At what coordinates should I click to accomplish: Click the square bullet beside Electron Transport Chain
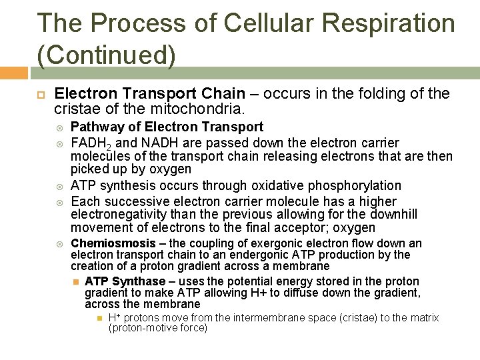click(x=41, y=95)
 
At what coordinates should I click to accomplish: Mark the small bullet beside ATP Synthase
click(x=77, y=281)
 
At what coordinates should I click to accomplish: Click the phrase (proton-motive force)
click(x=158, y=328)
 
